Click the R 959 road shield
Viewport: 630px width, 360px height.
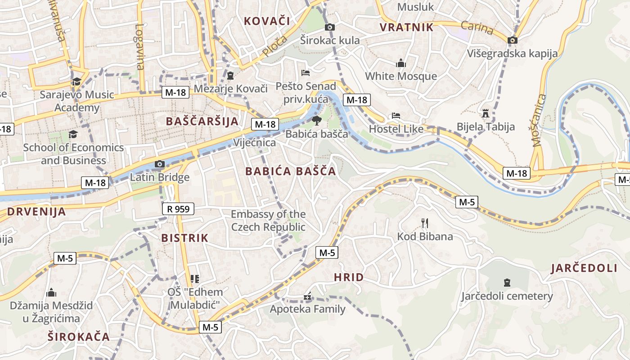(178, 209)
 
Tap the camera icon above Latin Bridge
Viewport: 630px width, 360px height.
(159, 164)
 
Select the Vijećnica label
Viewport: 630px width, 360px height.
(254, 143)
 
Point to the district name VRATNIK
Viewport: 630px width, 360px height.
(406, 27)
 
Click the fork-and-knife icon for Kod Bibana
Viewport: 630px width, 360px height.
(424, 222)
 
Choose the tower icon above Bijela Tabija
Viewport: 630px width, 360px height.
(485, 113)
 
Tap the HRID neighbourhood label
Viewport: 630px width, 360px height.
(349, 277)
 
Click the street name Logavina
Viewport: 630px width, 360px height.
(140, 47)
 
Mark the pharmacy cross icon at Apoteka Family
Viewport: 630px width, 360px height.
(307, 297)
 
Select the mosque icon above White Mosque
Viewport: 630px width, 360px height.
(401, 63)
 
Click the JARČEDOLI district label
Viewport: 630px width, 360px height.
(584, 268)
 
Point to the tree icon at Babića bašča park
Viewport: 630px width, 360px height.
(317, 120)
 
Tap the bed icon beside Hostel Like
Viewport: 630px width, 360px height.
(396, 116)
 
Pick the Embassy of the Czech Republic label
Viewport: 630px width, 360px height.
(268, 220)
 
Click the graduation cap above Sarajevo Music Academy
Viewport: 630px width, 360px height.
(76, 81)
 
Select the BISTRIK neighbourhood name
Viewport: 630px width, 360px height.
(184, 238)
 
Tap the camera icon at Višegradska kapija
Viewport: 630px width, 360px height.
(512, 40)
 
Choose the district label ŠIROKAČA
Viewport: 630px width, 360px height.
(79, 337)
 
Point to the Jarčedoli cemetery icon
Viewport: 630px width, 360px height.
(507, 283)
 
